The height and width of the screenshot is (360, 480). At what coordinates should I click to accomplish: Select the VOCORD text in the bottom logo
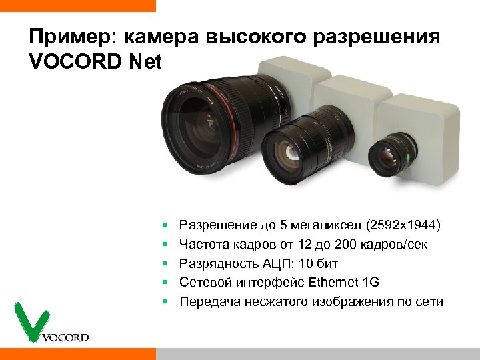click(x=65, y=337)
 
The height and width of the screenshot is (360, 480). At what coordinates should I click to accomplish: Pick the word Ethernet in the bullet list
click(x=333, y=283)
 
